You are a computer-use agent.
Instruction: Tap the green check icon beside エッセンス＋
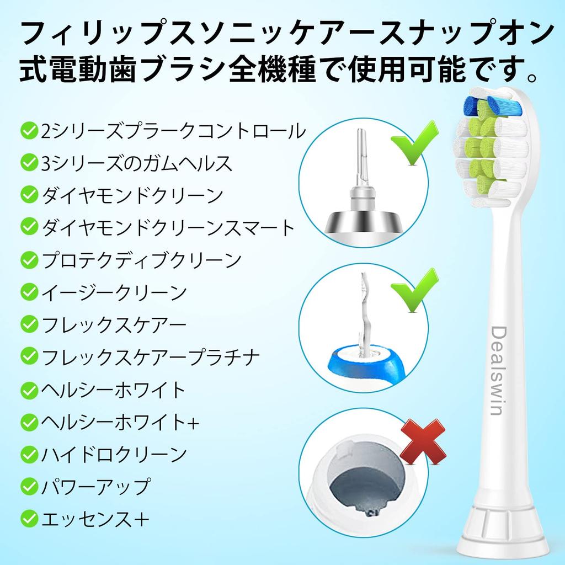(x=28, y=519)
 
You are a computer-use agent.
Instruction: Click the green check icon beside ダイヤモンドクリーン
(x=28, y=194)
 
